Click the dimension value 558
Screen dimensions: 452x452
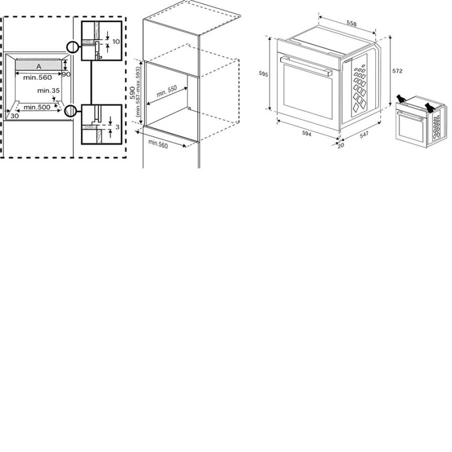[x=351, y=23]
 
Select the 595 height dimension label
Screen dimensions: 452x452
[x=263, y=74]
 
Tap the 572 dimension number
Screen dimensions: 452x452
[x=397, y=71]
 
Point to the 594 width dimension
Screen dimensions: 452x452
[x=307, y=133]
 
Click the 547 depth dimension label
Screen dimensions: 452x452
[x=364, y=134]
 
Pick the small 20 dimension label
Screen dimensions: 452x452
[x=341, y=146]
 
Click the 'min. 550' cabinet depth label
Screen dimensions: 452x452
[x=167, y=92]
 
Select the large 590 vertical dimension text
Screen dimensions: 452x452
[x=132, y=93]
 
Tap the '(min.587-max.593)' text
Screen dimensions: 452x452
[x=137, y=92]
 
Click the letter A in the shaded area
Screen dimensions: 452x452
[x=38, y=67]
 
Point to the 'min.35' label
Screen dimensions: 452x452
[x=49, y=90]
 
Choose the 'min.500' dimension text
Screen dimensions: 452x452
[x=37, y=107]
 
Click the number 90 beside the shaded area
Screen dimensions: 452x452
[x=66, y=75]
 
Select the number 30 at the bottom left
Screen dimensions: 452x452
[x=15, y=116]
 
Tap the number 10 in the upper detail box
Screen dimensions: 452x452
[x=116, y=41]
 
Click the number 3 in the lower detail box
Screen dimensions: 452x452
[x=118, y=127]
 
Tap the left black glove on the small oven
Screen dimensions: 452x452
[x=401, y=98]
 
